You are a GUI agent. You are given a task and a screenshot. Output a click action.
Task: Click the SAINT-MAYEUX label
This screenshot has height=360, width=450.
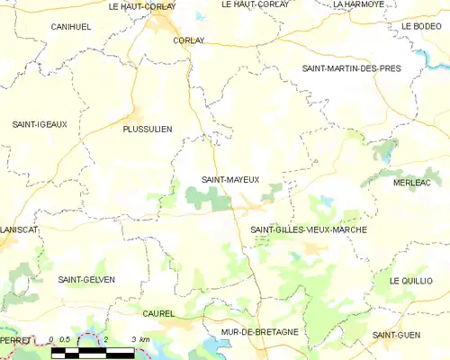coord(230,179)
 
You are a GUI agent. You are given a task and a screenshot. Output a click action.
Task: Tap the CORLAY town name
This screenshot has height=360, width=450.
coord(189,40)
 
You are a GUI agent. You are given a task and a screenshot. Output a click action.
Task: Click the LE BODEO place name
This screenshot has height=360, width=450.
coord(419,27)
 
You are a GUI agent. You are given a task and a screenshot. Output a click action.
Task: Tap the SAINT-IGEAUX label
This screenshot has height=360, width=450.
coord(39,124)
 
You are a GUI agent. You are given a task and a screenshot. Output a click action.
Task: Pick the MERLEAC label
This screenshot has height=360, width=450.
coord(413,183)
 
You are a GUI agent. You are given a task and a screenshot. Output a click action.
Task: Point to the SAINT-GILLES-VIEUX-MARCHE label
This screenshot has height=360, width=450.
coord(309,229)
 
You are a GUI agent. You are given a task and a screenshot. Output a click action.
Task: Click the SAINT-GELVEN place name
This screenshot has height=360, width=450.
coord(86,280)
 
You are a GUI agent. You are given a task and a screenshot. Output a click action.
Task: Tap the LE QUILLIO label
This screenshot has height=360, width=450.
coord(411,281)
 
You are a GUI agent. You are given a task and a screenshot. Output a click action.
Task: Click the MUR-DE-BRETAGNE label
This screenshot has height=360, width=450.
coord(260,332)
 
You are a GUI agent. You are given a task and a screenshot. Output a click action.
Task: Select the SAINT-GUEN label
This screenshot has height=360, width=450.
coord(399,335)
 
